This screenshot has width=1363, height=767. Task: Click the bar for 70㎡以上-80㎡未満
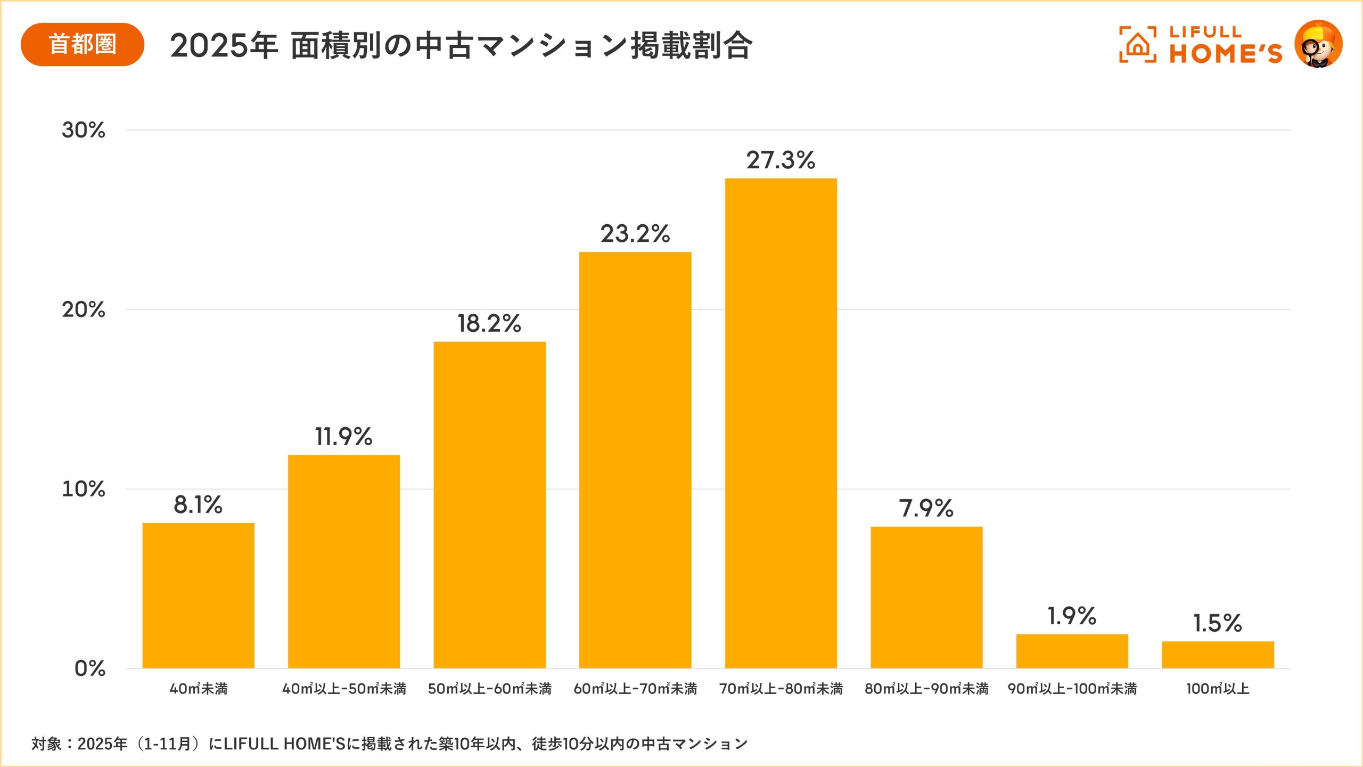coord(781,423)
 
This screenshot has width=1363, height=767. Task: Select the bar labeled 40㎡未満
coord(198,595)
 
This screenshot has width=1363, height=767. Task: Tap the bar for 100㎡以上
coord(1218,655)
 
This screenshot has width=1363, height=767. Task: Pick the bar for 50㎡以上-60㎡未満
coord(489,505)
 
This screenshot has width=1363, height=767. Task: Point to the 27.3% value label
coord(781,160)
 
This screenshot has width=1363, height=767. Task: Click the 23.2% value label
coord(635,233)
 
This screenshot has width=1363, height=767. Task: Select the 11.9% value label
coord(343,436)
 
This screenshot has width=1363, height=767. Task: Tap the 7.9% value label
coord(926,508)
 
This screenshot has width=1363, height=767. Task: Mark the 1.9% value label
coord(1072,616)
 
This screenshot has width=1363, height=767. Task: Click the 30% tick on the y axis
coord(84,130)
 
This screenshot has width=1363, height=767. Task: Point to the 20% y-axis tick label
coord(84,309)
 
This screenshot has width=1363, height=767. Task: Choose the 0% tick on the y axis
coord(89,668)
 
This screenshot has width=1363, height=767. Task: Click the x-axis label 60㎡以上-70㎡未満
coord(635,689)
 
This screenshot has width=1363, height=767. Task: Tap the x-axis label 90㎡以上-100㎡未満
coord(1072,689)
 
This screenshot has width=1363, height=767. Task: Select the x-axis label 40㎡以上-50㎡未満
coord(344,689)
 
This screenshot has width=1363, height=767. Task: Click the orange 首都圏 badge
coord(83,44)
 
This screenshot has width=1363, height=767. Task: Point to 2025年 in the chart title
coord(224,46)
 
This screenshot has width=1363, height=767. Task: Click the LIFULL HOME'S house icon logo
coord(1137,45)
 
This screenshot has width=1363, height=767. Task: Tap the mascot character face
coord(1318,45)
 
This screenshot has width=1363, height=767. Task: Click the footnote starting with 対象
coord(389,744)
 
